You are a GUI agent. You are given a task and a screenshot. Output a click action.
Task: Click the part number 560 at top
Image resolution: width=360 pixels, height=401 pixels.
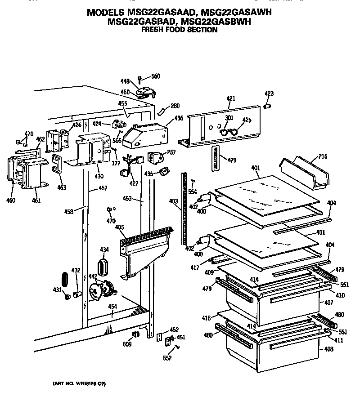156,76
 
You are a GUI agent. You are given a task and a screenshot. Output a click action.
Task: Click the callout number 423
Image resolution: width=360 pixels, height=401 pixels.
269,94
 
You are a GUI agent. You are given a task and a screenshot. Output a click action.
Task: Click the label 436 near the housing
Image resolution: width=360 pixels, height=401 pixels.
179,118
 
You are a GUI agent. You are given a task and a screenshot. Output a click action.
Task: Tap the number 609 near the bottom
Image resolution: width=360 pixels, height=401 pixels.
127,344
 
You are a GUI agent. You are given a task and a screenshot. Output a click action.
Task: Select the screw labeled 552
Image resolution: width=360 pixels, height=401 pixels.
177,347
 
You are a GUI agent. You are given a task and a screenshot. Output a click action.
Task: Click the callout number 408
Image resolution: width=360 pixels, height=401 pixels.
329,349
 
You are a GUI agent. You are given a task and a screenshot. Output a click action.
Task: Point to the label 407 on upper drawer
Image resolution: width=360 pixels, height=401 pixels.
329,303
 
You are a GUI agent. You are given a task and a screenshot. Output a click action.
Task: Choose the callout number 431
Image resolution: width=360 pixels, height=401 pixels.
57,290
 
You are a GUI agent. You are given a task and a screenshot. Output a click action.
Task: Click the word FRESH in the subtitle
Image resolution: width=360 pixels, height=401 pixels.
152,30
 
